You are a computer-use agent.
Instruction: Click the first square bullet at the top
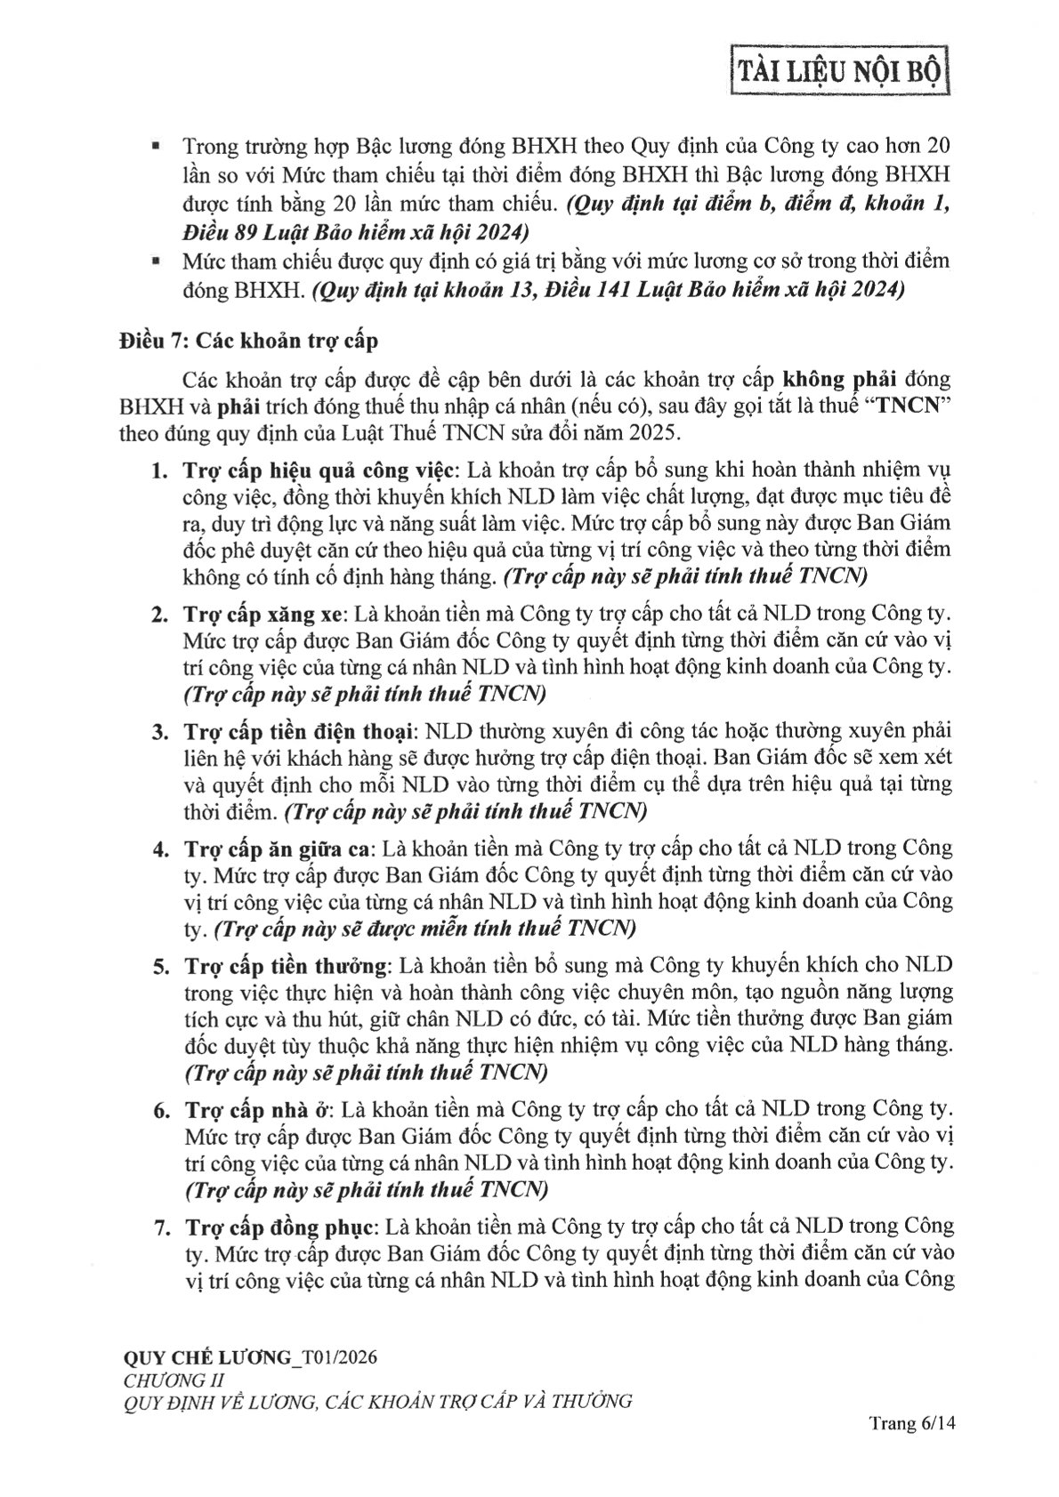tap(157, 146)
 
